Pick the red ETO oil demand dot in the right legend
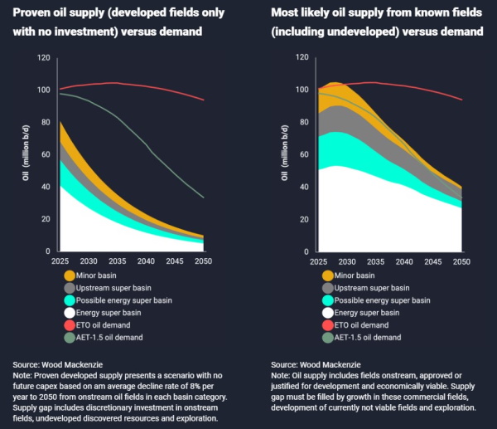click(x=327, y=325)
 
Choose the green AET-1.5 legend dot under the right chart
click(x=327, y=338)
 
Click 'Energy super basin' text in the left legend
click(x=110, y=313)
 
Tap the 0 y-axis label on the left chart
click(x=48, y=251)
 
